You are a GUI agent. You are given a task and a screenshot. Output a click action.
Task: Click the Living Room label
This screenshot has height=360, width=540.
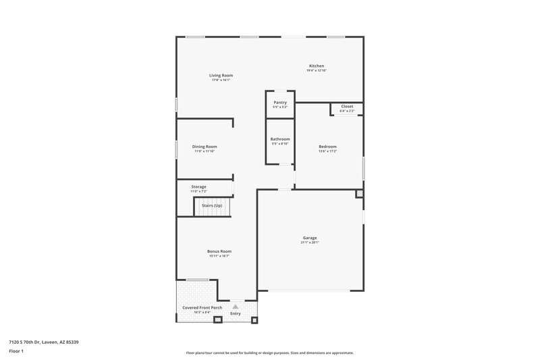tap(221, 75)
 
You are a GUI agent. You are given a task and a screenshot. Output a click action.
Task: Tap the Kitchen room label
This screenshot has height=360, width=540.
tap(317, 66)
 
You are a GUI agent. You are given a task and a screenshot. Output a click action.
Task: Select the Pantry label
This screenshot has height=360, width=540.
tap(280, 103)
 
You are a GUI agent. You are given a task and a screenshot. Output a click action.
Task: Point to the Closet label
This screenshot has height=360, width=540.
tap(347, 106)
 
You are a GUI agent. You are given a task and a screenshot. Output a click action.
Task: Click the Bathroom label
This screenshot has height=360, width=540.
tap(280, 139)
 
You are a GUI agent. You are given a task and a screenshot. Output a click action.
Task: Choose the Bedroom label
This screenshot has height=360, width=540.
tap(327, 147)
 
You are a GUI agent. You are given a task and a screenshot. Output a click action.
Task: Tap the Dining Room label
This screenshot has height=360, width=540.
tap(205, 147)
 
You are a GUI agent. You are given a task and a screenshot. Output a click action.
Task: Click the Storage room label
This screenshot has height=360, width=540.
tap(198, 186)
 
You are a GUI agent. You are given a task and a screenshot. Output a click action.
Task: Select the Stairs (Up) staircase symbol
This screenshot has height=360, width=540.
tap(213, 206)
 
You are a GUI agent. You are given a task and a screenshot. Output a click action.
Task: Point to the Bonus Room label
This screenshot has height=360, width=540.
tap(219, 251)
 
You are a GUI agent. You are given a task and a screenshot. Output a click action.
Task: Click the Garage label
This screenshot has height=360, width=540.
tap(310, 238)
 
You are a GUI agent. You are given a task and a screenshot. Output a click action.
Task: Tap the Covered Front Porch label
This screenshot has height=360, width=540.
tap(202, 307)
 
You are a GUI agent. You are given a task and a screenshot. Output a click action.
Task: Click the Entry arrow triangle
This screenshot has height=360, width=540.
tap(236, 306)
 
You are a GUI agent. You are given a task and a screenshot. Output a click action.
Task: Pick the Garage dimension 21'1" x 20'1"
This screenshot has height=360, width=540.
tap(310, 243)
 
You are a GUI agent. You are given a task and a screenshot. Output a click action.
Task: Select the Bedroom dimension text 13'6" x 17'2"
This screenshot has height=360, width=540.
tap(327, 151)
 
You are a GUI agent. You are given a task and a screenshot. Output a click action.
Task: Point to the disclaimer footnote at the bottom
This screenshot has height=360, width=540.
tap(269, 353)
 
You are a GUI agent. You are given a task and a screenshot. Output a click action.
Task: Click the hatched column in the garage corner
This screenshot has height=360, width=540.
tap(359, 194)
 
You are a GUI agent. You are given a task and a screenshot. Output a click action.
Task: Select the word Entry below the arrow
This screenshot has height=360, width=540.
tap(236, 313)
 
